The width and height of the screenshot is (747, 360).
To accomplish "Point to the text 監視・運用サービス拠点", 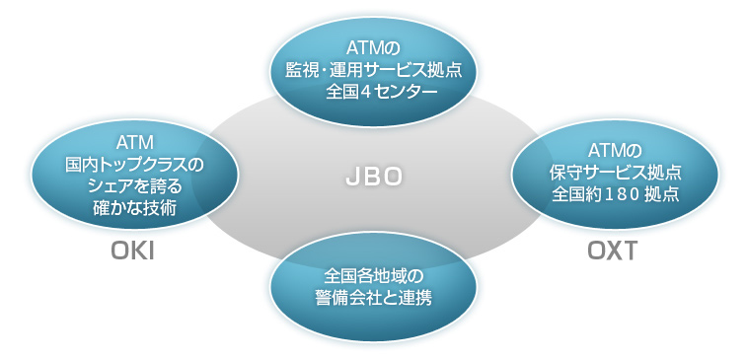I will tap(373, 70).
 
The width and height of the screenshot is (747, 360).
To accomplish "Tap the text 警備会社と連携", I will tap(373, 296).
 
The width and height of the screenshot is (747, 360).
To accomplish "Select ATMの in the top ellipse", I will tap(372, 47).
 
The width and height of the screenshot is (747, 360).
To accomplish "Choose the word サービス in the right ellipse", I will tap(614, 172).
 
